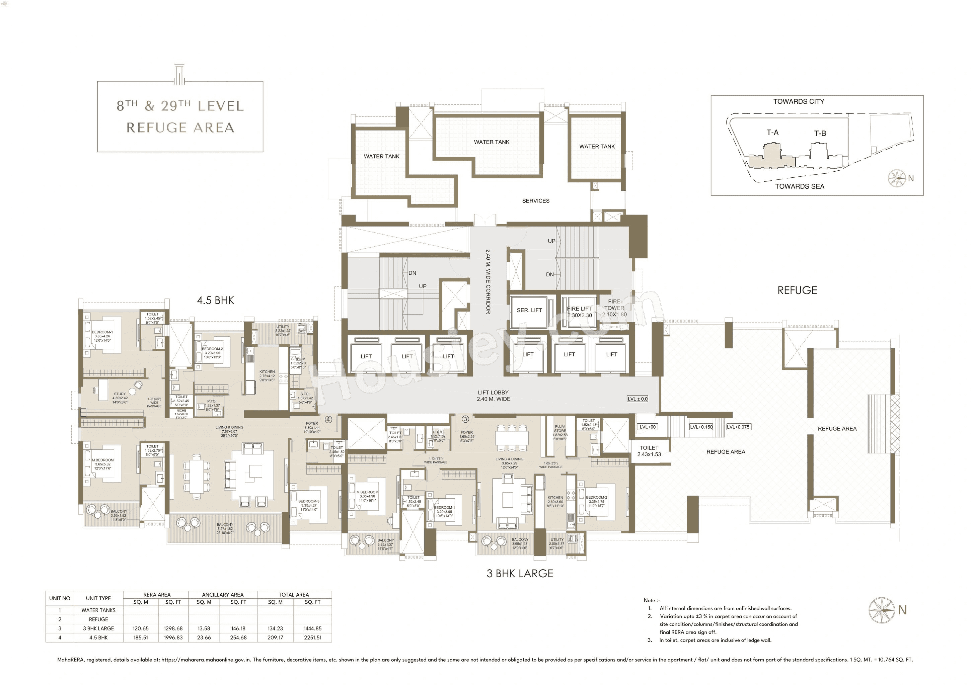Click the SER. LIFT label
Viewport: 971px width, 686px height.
coord(529,310)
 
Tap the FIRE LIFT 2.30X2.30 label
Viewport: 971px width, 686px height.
coord(579,312)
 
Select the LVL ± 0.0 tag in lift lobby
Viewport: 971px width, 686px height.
coord(637,399)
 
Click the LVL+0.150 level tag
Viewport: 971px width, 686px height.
coord(701,427)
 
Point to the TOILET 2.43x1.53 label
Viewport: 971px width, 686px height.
coord(649,451)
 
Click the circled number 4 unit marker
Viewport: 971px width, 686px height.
coord(328,419)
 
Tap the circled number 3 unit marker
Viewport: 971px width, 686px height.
coord(465,419)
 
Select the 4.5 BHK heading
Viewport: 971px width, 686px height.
coord(215,301)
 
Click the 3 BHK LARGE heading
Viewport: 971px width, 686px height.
coord(520,574)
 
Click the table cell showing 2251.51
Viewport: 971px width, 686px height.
coord(312,637)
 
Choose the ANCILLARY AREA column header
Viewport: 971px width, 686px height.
coord(222,594)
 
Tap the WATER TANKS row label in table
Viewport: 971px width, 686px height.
coord(98,610)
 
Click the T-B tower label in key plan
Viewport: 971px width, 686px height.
coord(820,134)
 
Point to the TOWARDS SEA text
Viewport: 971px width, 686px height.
coord(799,186)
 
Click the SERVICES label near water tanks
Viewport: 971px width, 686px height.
coord(535,201)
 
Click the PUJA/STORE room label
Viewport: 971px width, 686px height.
coord(560,431)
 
